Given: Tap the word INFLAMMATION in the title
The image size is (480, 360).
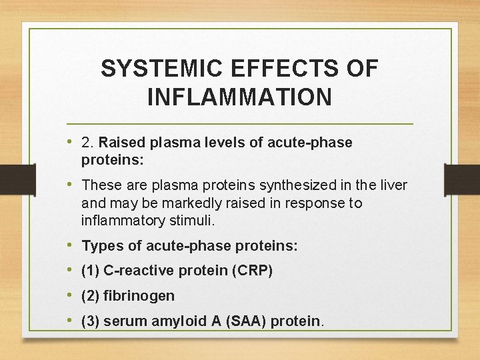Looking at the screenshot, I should click(x=239, y=97).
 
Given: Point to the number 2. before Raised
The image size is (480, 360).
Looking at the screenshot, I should click(x=88, y=143).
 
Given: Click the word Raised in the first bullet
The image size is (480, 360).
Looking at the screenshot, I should click(x=121, y=143).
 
